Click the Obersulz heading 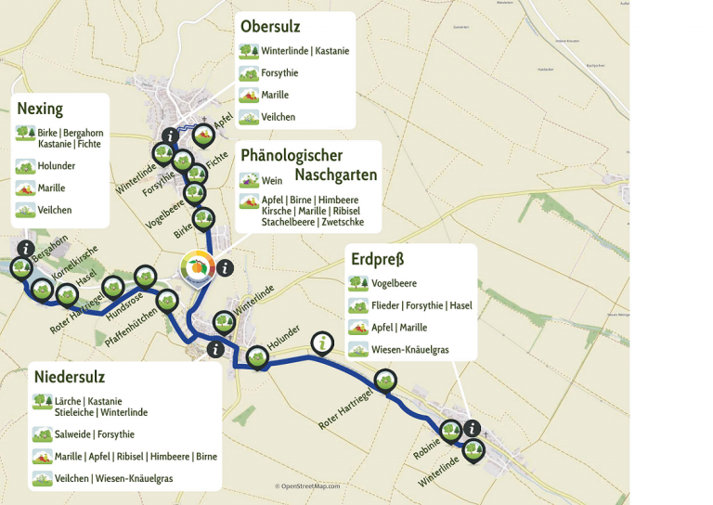pyautogui.click(x=270, y=26)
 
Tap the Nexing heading pyautogui.click(x=40, y=109)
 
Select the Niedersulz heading pyautogui.click(x=70, y=377)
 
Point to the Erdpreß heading pyautogui.click(x=377, y=259)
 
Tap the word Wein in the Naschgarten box pyautogui.click(x=272, y=181)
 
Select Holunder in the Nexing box pyautogui.click(x=57, y=166)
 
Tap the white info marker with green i pyautogui.click(x=321, y=343)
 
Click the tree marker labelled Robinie pyautogui.click(x=450, y=430)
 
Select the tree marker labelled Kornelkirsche pyautogui.click(x=42, y=290)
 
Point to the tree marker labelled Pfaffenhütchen pyautogui.click(x=166, y=299)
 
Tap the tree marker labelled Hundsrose pyautogui.click(x=145, y=276)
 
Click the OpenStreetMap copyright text pyautogui.click(x=307, y=486)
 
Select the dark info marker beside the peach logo pyautogui.click(x=224, y=267)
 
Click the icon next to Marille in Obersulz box pyautogui.click(x=248, y=95)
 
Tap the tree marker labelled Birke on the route pyautogui.click(x=203, y=219)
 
